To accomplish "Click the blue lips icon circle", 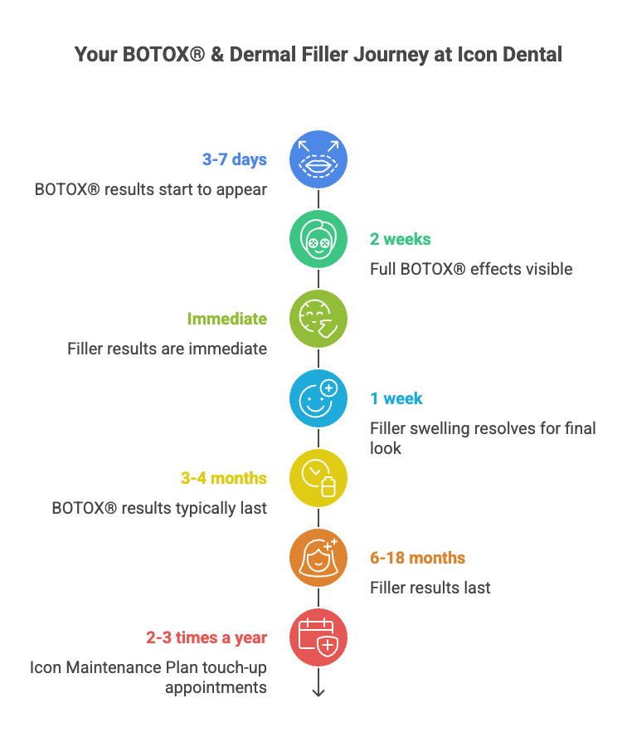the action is point(318,159).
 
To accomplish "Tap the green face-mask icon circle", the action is point(318,239).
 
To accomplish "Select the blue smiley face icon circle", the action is point(318,398).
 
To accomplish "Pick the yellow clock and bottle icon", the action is point(318,478).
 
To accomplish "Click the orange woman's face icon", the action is point(318,558).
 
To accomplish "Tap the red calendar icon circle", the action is point(318,637).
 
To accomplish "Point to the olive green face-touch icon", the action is point(318,319).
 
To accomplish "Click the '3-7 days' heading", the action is point(235,160).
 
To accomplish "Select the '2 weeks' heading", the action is point(400,239).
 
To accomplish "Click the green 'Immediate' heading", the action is point(227,319).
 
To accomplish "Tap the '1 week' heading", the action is point(396,398).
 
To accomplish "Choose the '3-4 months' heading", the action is point(224,478).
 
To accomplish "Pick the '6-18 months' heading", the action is point(417,558).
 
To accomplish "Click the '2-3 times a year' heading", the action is point(207,638).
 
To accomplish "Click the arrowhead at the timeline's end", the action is point(318,692).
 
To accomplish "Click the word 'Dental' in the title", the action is point(532,55).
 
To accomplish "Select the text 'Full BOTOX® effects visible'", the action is point(471,270).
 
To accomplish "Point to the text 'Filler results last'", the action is point(430,588).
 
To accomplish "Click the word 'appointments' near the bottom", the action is point(216,688).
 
